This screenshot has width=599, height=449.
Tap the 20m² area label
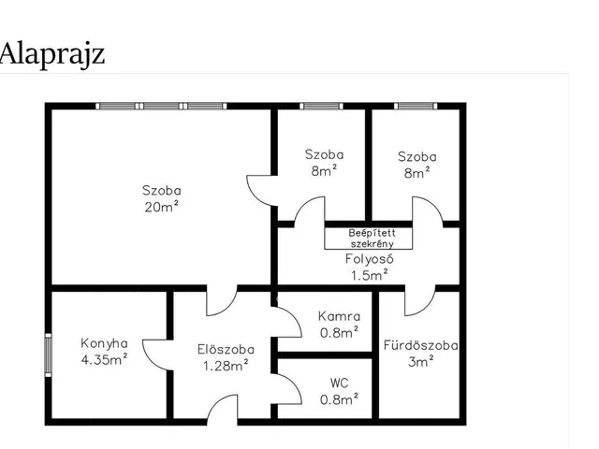pyautogui.click(x=162, y=207)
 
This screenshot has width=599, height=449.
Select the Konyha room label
pyautogui.click(x=104, y=343)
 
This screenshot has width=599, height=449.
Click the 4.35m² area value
pyautogui.click(x=104, y=359)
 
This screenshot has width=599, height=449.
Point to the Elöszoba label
pyautogui.click(x=226, y=349)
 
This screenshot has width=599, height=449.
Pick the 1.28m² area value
pyautogui.click(x=226, y=366)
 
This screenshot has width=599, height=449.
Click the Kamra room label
pyautogui.click(x=339, y=316)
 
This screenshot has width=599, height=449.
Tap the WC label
pyautogui.click(x=339, y=383)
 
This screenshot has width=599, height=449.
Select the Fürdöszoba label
pyautogui.click(x=420, y=345)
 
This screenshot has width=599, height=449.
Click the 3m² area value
pyautogui.click(x=420, y=361)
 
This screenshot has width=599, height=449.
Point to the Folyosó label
pyautogui.click(x=369, y=259)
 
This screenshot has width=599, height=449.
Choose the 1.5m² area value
pyautogui.click(x=370, y=275)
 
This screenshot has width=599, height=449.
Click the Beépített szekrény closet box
pyautogui.click(x=369, y=239)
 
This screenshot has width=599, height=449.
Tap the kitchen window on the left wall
pyautogui.click(x=48, y=355)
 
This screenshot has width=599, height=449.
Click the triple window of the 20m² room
pyautogui.click(x=161, y=106)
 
